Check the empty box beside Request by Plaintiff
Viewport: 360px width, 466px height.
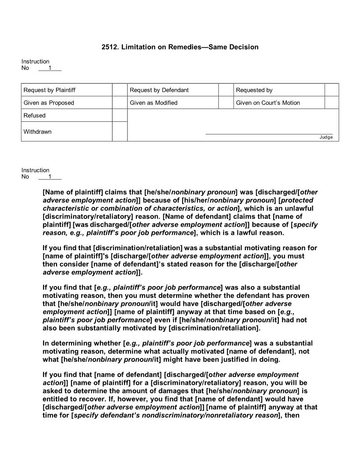pos(120,90)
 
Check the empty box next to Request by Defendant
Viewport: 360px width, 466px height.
pos(226,90)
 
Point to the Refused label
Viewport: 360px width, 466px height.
pos(34,116)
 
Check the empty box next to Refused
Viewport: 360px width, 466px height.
pos(120,116)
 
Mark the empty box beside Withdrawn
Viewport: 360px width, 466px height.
pos(120,132)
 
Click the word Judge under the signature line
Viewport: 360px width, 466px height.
pos(326,137)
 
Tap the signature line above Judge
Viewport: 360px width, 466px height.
pos(269,134)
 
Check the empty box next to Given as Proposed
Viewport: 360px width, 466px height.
pos(120,103)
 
